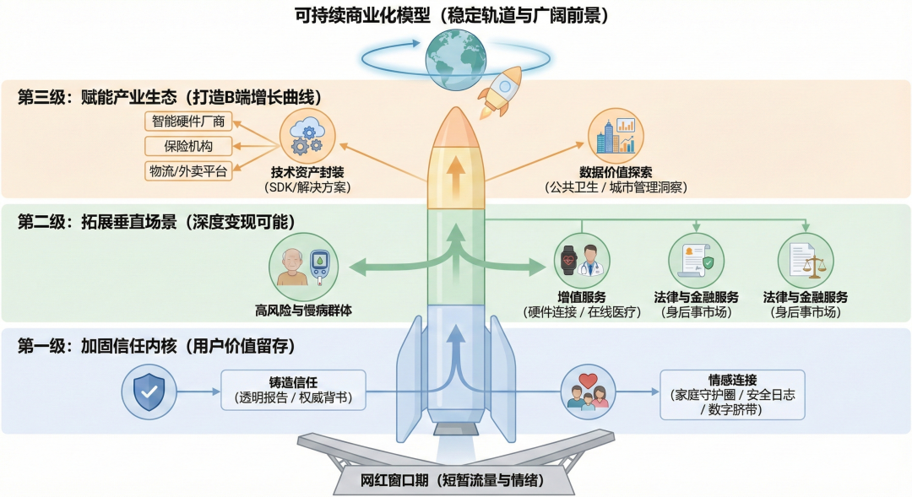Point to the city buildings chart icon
coord(616,136)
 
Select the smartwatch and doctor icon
coord(582,261)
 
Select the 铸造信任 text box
coord(293,390)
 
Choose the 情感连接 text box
coord(732,394)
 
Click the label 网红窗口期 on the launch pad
coord(457,480)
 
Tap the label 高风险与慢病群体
coord(303,310)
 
